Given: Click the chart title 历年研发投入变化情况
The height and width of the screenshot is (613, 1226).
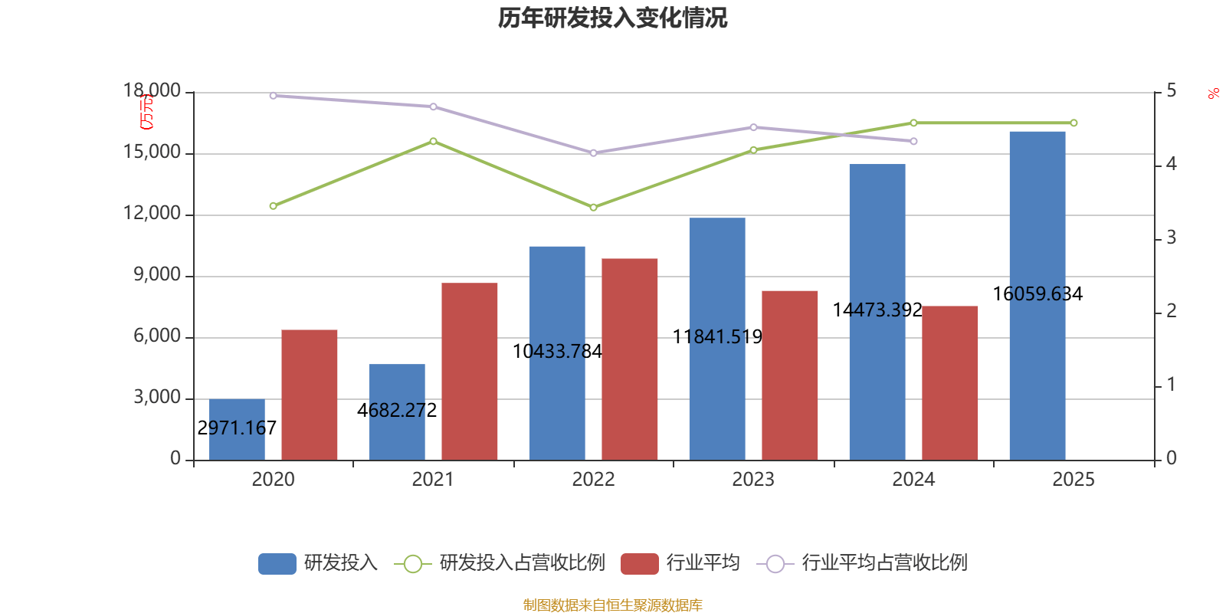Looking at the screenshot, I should (x=612, y=18).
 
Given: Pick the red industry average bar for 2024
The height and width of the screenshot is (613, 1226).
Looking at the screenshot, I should (x=949, y=382).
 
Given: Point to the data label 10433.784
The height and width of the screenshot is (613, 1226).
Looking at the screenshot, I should (x=557, y=351).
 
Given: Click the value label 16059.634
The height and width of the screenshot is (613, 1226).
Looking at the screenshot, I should (x=1038, y=293).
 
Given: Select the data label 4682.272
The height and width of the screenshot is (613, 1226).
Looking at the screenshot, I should (x=397, y=410).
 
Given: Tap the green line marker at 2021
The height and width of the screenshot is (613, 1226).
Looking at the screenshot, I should (x=433, y=141).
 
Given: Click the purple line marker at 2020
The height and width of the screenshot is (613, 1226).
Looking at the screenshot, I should (x=273, y=96).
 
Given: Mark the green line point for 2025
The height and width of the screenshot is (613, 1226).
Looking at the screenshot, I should (x=1074, y=123).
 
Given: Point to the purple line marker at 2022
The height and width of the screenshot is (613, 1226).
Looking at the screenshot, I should (x=593, y=153).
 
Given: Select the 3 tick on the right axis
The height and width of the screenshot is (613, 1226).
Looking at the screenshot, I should (x=1171, y=238).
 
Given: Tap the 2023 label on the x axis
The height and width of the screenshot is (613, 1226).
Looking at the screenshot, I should (x=752, y=480).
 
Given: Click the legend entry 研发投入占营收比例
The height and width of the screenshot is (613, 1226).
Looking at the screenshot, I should (x=521, y=563).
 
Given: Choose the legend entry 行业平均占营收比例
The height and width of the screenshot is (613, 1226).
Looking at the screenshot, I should (x=883, y=563).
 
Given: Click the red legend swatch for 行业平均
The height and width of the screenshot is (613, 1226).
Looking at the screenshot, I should (x=640, y=564).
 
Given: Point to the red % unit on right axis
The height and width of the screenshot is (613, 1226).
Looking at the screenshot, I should (x=1213, y=94).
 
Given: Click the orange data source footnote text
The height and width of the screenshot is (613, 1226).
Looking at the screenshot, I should (x=612, y=605).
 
